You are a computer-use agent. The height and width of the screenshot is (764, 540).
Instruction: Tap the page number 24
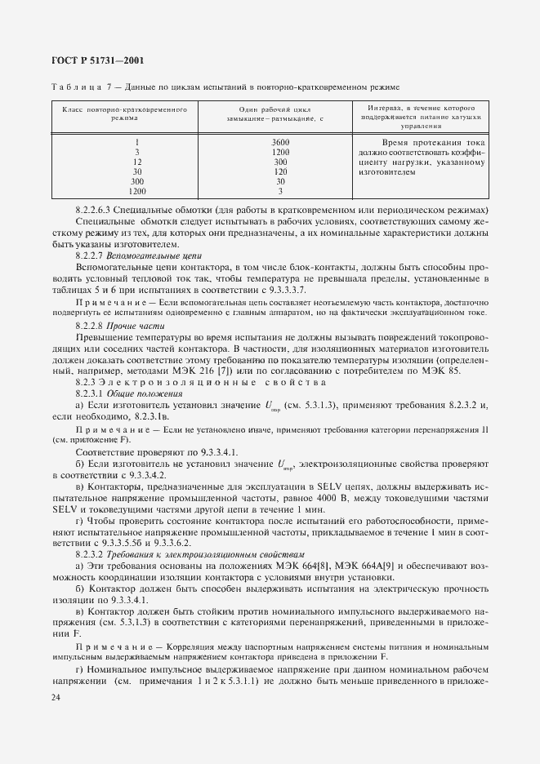tap(56, 698)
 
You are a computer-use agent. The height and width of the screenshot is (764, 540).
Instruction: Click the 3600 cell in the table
tap(279, 143)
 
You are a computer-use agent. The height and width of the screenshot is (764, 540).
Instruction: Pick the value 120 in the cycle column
tap(279, 172)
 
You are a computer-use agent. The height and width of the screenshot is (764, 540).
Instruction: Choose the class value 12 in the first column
tap(136, 162)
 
